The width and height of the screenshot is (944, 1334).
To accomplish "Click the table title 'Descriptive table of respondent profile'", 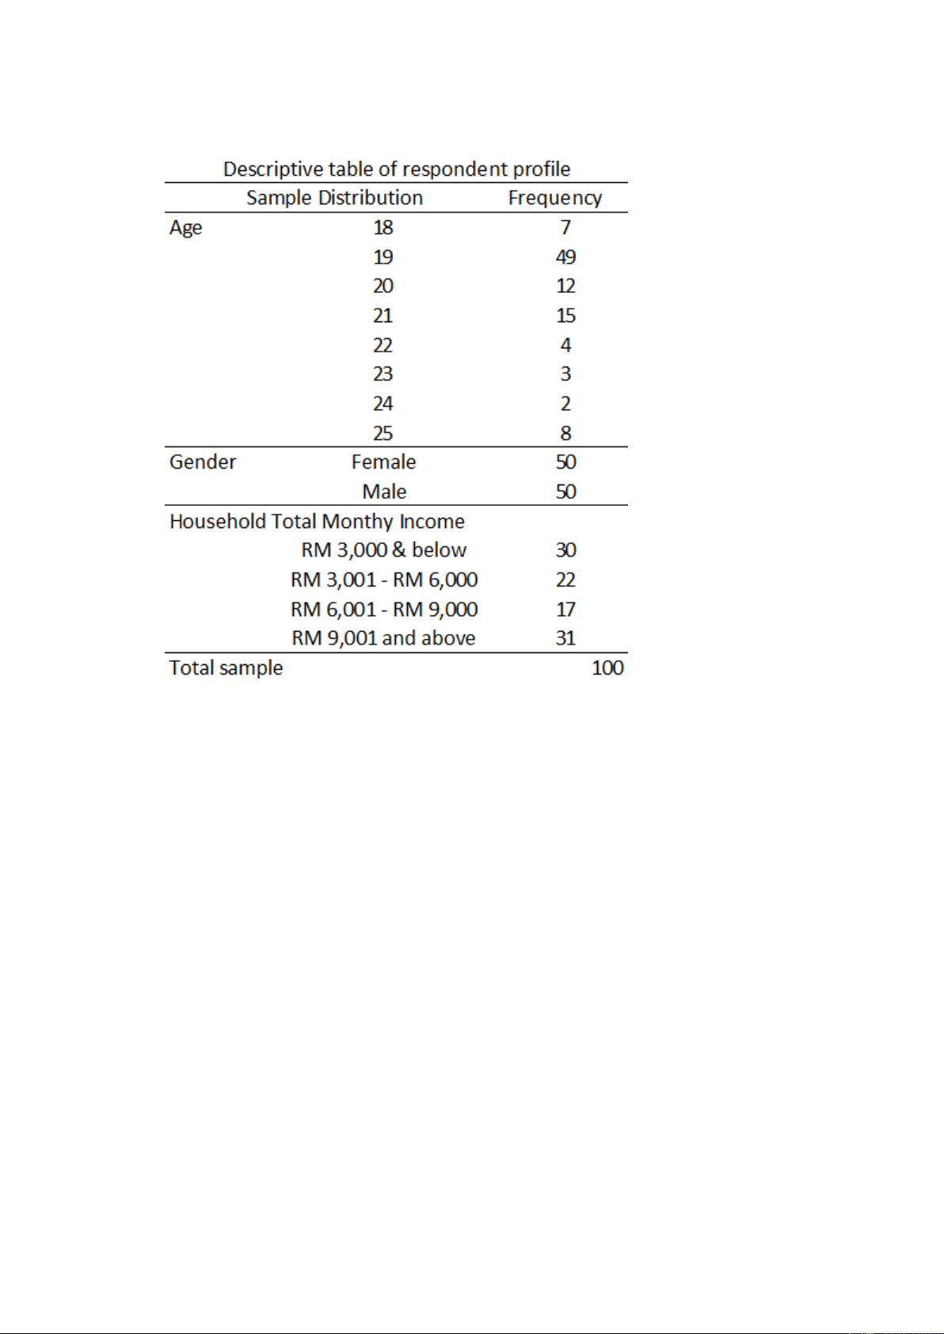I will coord(397,169).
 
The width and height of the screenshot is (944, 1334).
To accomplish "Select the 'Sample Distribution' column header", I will coord(334,198).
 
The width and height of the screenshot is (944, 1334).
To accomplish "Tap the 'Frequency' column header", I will coord(554,198).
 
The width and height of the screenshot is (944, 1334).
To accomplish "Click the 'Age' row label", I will coord(185,228).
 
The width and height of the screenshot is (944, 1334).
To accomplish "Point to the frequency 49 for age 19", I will coord(565,257).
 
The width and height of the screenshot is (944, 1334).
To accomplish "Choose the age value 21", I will coord(383,316).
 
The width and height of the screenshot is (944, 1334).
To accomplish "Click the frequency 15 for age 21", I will coord(565,316).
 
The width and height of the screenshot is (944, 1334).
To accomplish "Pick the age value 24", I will coord(383,404).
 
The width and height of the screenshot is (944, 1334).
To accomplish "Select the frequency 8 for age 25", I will coord(565,433).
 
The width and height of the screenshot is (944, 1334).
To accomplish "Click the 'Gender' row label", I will coord(203,462).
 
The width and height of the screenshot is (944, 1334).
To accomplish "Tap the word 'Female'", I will coord(383,462).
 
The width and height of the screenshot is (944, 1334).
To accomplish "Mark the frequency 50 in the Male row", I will coord(565,492).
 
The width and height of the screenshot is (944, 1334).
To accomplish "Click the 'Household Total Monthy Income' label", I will coord(317,522).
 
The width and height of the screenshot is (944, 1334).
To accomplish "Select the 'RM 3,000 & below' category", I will coord(383,550).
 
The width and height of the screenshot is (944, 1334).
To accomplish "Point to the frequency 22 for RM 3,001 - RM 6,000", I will coord(565,580).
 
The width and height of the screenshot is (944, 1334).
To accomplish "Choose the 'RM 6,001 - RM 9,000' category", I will coord(383,610).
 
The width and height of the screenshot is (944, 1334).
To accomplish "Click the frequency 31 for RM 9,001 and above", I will coord(565,638).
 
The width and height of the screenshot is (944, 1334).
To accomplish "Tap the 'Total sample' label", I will coord(226,668).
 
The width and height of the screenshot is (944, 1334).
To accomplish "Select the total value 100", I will coord(607,668).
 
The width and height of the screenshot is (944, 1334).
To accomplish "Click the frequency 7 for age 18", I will coord(565,228).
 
